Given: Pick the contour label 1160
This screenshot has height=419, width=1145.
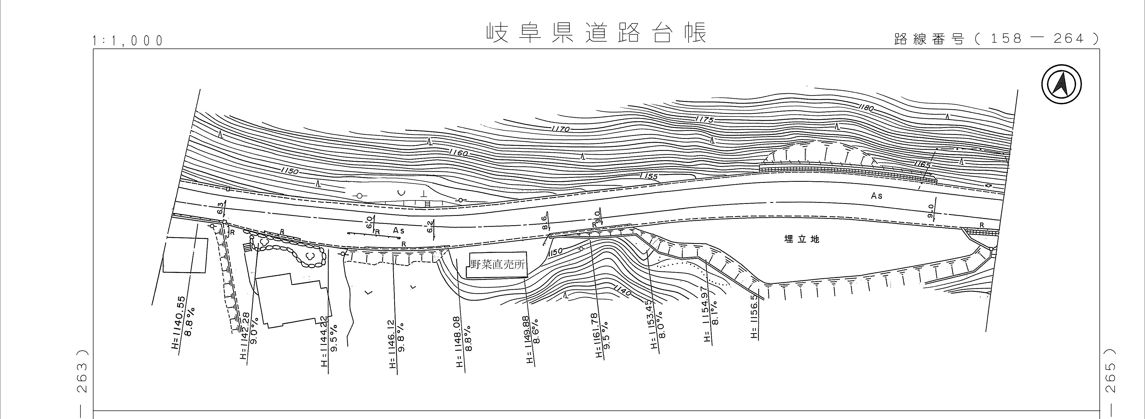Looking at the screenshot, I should (x=458, y=152).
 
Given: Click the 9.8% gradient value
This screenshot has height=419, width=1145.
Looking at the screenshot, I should (x=401, y=343).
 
